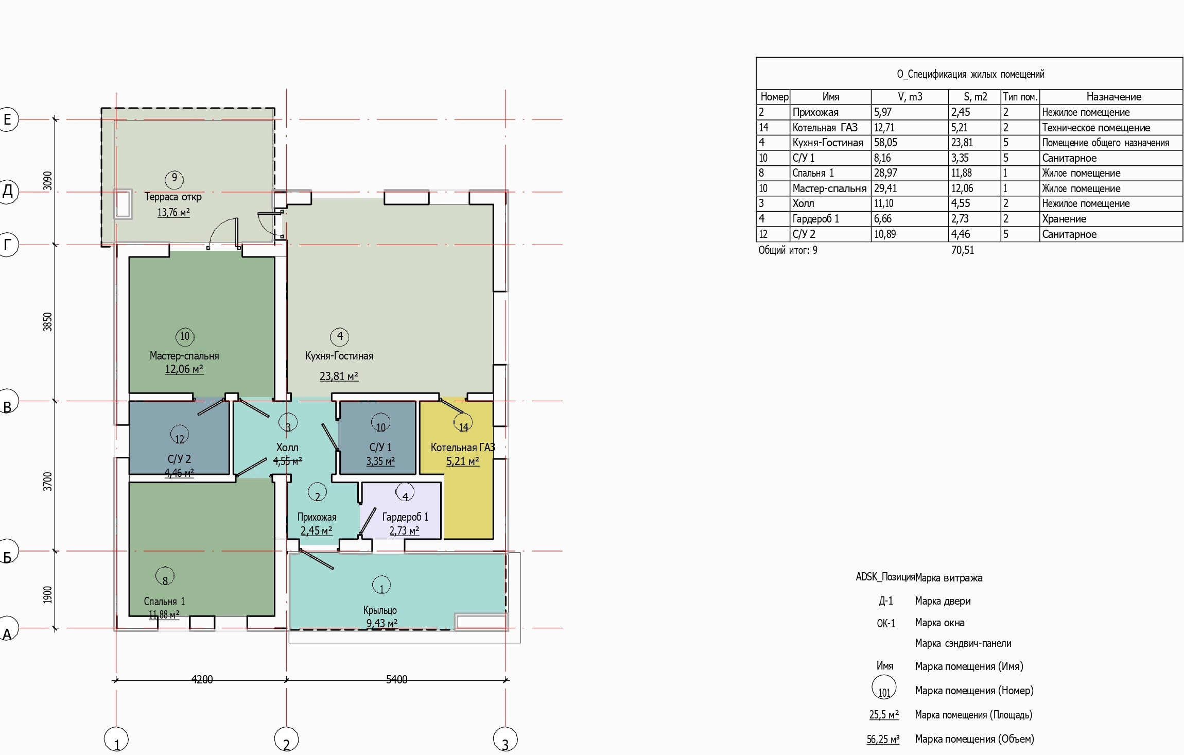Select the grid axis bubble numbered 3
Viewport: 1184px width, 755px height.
(505, 740)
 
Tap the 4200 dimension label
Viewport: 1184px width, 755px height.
(202, 679)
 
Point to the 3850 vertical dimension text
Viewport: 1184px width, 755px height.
(47, 322)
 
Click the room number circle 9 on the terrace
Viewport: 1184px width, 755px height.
(175, 179)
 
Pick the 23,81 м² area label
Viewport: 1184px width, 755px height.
(339, 376)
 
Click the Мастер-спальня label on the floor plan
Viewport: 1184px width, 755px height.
(184, 356)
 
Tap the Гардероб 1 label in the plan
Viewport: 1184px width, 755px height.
(405, 517)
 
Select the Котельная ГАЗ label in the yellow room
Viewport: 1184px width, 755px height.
(463, 448)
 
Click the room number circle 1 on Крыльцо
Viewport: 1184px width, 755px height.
(381, 585)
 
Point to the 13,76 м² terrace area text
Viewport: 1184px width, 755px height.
(173, 212)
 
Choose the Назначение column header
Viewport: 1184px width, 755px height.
(1113, 97)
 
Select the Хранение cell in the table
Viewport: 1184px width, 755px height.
(1064, 219)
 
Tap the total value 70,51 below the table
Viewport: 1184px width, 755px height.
(963, 250)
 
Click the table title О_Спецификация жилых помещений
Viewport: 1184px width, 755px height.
(970, 74)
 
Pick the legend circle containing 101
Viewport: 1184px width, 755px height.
(884, 688)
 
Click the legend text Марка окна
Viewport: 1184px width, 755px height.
(939, 623)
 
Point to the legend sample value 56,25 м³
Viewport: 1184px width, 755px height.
(883, 740)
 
